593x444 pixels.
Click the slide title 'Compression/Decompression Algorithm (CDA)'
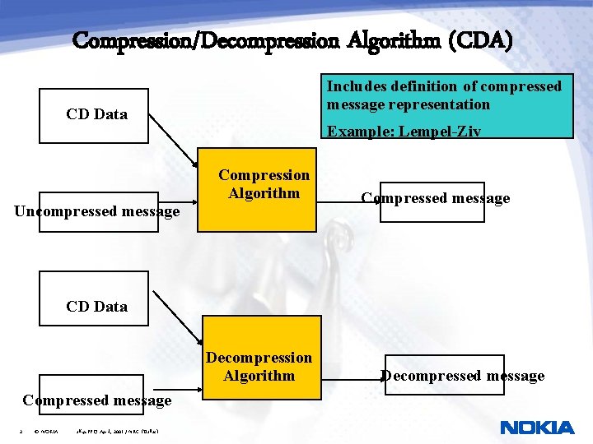(x=292, y=39)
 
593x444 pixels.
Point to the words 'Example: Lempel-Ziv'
(x=404, y=131)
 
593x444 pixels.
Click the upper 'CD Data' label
(x=96, y=114)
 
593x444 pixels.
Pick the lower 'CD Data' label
(x=96, y=307)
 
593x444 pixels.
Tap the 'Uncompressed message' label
(x=97, y=212)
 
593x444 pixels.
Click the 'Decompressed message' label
(x=462, y=376)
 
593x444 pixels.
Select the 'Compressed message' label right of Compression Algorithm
(x=436, y=198)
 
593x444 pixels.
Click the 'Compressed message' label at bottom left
(x=97, y=400)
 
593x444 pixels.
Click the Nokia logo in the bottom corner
(x=537, y=428)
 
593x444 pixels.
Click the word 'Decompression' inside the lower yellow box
(x=259, y=358)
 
